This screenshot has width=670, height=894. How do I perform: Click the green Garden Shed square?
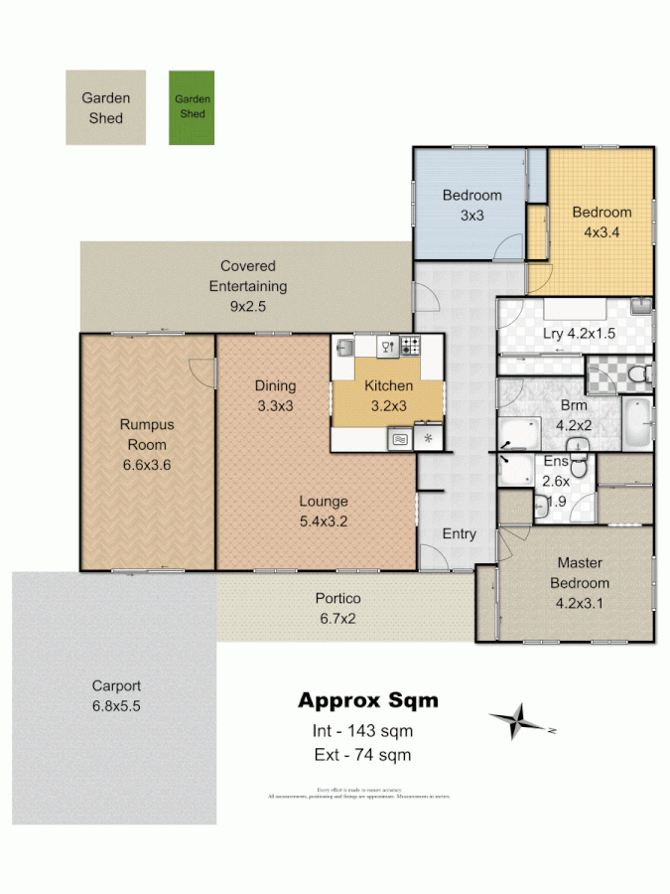(x=192, y=107)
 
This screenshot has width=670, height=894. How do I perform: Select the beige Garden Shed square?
(x=105, y=107)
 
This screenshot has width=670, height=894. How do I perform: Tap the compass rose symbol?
(x=517, y=720)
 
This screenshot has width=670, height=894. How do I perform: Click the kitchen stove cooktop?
(x=410, y=347)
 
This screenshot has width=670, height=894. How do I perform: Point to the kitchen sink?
(x=344, y=347)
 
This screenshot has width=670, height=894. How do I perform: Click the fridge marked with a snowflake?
(x=429, y=438)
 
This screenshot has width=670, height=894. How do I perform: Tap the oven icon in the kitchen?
(x=400, y=438)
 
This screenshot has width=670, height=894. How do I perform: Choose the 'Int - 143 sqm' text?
(x=362, y=731)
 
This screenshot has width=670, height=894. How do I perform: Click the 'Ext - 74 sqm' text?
(x=361, y=755)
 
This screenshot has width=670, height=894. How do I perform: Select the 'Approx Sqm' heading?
(x=367, y=700)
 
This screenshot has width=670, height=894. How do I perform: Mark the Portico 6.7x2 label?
(x=337, y=608)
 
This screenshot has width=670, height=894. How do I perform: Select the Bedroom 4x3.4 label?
(x=602, y=222)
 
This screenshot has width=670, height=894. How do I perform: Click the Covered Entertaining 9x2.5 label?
(x=247, y=286)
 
